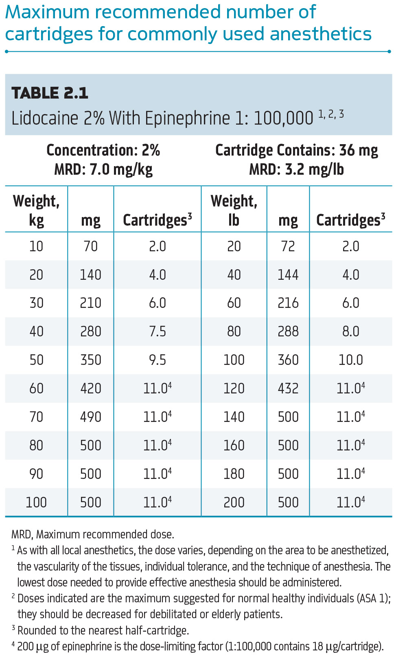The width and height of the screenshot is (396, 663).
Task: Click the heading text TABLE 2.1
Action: (50, 93)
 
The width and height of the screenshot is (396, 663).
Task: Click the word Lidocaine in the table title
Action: (44, 119)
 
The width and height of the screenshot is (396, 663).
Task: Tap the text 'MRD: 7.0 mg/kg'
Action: (103, 169)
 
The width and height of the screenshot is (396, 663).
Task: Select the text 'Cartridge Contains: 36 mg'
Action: (296, 150)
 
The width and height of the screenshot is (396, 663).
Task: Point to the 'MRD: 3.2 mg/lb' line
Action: (296, 169)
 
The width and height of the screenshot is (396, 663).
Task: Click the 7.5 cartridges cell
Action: (158, 331)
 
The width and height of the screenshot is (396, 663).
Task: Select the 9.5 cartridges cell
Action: (158, 360)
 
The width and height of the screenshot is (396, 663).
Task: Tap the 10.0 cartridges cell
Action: (350, 360)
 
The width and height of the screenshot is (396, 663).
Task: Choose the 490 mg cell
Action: (90, 417)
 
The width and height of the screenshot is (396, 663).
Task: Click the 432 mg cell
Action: (288, 389)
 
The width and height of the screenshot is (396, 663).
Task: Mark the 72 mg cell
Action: (288, 246)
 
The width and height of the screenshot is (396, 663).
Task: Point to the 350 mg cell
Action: (90, 360)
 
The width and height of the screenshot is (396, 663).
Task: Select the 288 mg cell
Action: (288, 331)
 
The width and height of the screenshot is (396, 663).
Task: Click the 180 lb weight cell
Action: (234, 474)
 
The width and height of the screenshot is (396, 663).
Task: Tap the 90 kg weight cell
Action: (36, 474)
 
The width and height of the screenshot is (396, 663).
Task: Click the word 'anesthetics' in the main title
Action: (321, 34)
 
